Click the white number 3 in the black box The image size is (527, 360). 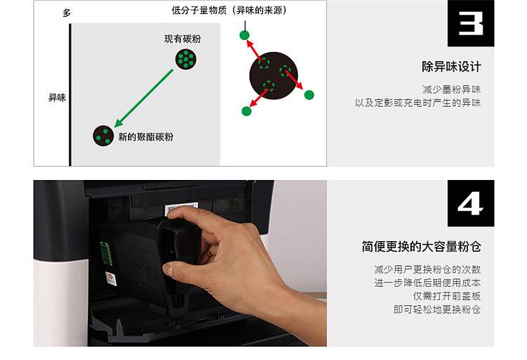click(x=471, y=23)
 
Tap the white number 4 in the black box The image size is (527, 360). click(x=471, y=203)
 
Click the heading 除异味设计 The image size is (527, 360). click(x=451, y=67)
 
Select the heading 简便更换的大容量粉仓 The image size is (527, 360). click(x=422, y=247)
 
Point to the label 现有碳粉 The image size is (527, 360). click(x=183, y=39)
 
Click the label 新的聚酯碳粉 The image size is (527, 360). click(x=146, y=136)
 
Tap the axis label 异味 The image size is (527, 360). click(x=57, y=98)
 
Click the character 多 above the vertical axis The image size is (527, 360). click(x=67, y=13)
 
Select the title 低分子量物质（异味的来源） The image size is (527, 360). click(x=229, y=11)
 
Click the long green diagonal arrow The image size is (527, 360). click(x=144, y=98)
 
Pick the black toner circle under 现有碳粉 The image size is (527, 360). click(x=186, y=59)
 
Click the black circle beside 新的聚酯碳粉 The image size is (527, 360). click(x=103, y=136)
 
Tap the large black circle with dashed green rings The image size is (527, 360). click(x=273, y=76)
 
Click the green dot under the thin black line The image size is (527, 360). click(x=245, y=35)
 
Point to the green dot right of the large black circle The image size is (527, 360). click(x=309, y=95)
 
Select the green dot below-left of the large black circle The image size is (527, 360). click(x=247, y=111)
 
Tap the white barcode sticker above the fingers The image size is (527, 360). click(x=181, y=209)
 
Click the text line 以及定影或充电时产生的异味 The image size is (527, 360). click(x=418, y=103)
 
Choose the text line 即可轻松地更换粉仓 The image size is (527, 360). click(x=437, y=309)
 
